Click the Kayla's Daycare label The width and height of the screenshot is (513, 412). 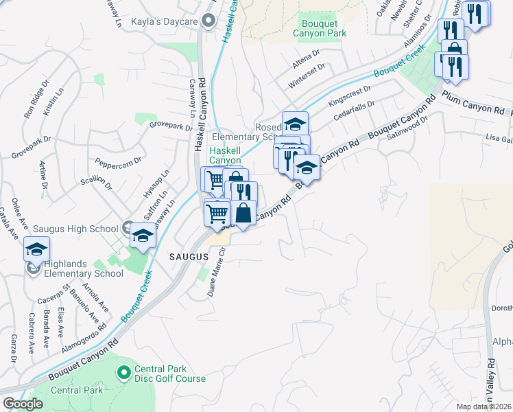pos(165,23)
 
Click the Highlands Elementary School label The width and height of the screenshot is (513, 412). pos(84,268)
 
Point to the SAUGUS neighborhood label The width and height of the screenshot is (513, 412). pos(189,256)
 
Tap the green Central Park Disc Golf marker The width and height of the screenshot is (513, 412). pos(124,374)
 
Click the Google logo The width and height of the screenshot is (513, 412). pos(23,404)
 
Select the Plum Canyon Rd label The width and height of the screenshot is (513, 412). pos(473,102)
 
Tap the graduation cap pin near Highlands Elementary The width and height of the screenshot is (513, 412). pos(36,249)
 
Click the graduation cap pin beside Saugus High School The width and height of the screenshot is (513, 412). pos(142,236)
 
